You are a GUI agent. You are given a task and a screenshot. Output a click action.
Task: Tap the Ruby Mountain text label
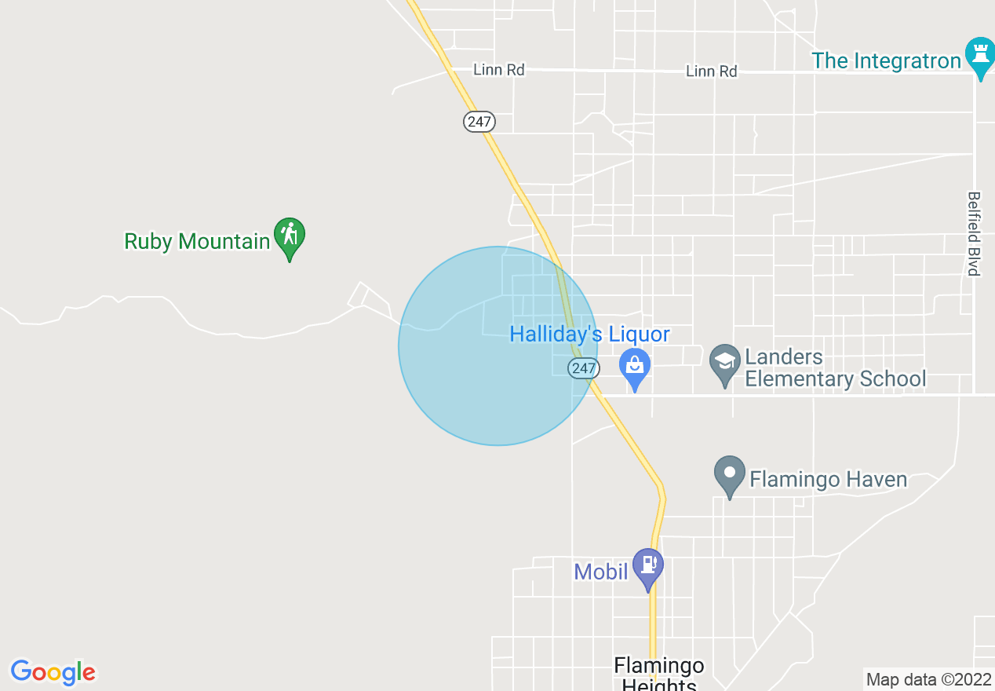pyautogui.click(x=197, y=241)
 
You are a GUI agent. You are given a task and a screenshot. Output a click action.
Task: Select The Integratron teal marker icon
pyautogui.click(x=979, y=57)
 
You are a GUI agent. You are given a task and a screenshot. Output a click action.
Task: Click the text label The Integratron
pyautogui.click(x=887, y=60)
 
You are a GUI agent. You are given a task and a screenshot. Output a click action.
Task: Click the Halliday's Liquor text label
pyautogui.click(x=589, y=335)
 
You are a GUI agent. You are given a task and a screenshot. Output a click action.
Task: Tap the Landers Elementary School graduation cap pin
pyautogui.click(x=723, y=364)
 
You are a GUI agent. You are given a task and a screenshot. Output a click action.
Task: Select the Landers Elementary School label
pyautogui.click(x=835, y=368)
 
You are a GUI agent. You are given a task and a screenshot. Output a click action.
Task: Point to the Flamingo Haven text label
pyautogui.click(x=829, y=479)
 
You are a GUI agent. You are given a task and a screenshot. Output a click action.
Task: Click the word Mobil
pyautogui.click(x=601, y=572)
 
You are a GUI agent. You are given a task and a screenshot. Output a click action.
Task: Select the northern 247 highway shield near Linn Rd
pyautogui.click(x=478, y=122)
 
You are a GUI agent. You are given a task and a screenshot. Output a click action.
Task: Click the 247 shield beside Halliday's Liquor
pyautogui.click(x=584, y=367)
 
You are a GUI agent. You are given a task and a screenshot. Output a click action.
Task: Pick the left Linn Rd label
pyautogui.click(x=498, y=70)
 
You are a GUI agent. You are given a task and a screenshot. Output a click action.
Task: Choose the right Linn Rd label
pyautogui.click(x=711, y=71)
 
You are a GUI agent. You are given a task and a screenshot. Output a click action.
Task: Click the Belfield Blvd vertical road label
pyautogui.click(x=974, y=233)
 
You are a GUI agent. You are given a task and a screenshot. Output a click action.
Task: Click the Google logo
pyautogui.click(x=53, y=672)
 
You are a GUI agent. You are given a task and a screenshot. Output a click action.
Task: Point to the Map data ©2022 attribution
pyautogui.click(x=928, y=679)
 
